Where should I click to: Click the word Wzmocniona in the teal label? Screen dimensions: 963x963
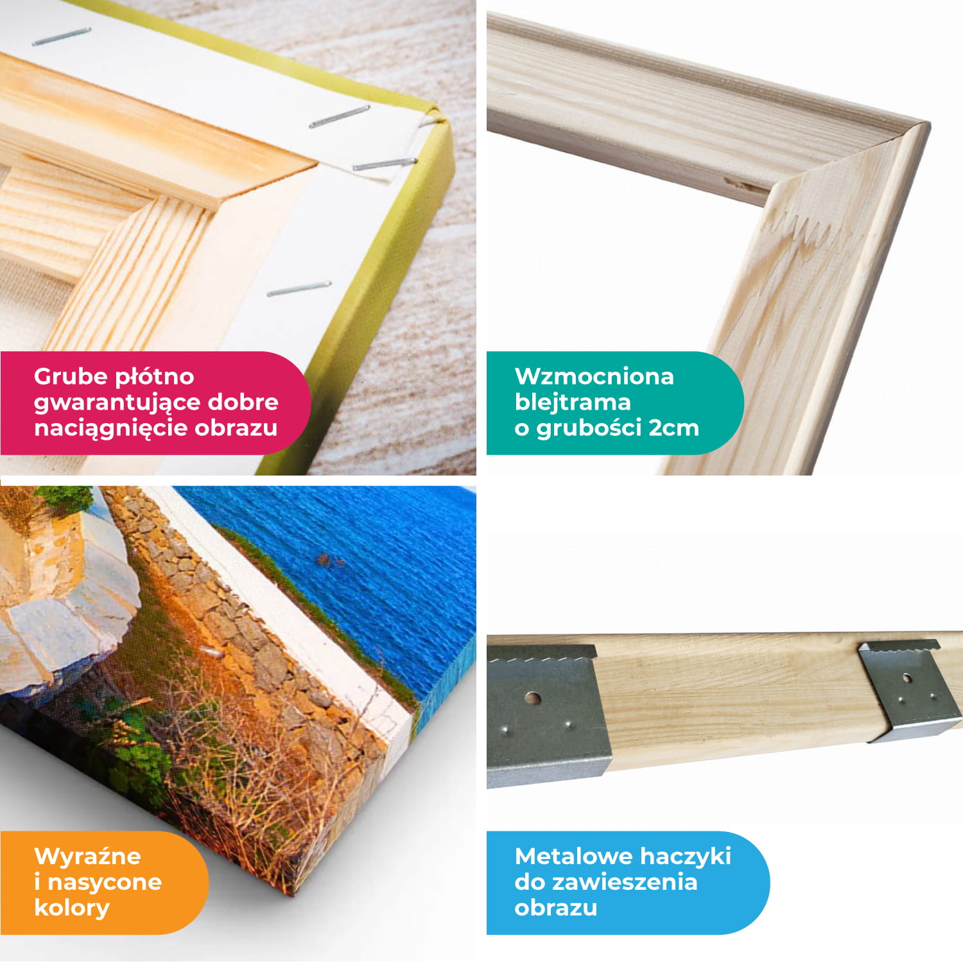coord(594,376)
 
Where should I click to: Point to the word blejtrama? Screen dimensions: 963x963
coord(573,403)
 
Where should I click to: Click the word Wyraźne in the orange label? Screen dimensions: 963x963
coord(87,856)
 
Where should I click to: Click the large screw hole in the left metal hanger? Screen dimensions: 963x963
coord(532,698)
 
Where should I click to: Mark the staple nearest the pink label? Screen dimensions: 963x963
coord(299,289)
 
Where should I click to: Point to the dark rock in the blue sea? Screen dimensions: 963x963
coord(331,560)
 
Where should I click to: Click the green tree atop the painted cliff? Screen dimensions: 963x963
coord(64,497)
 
